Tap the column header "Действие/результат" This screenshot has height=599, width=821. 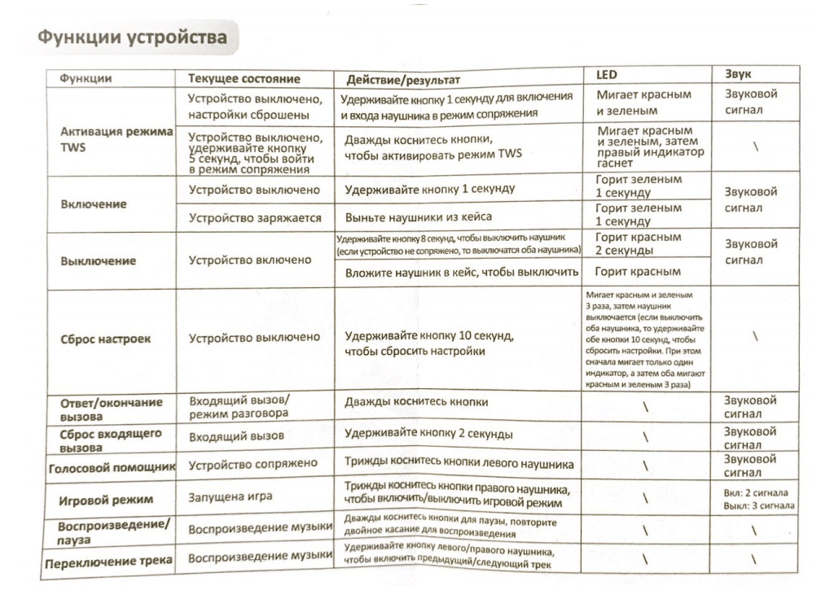click(x=403, y=80)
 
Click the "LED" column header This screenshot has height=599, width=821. click(x=610, y=75)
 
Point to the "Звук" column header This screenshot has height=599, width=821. click(x=739, y=74)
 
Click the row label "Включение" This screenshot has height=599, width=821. click(x=94, y=203)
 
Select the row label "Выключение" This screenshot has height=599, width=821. click(x=99, y=261)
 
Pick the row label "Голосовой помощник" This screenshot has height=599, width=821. click(x=114, y=467)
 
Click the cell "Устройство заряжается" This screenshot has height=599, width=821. click(x=254, y=218)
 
